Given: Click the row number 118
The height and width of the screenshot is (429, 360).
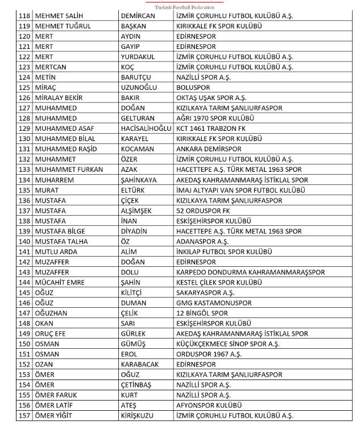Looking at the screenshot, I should (x=24, y=16).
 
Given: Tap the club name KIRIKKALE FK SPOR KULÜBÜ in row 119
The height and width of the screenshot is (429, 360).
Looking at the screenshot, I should (x=226, y=26).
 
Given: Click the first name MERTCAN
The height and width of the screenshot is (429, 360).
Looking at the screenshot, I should (x=51, y=67).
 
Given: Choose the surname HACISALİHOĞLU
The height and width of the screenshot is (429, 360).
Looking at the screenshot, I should (x=146, y=129).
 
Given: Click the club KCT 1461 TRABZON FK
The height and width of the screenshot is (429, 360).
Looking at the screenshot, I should (x=213, y=129).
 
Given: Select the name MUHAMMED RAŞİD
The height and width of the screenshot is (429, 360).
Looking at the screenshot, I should (x=65, y=149).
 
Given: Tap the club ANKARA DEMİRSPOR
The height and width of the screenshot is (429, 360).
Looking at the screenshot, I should (x=209, y=149).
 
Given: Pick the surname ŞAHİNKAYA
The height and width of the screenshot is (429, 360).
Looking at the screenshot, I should (x=139, y=180).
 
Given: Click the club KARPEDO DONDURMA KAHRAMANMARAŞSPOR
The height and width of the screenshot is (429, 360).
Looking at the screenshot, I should (x=250, y=272).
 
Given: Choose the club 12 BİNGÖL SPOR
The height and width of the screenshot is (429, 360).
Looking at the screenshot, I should (x=202, y=313).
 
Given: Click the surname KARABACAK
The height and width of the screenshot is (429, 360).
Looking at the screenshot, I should (x=140, y=364).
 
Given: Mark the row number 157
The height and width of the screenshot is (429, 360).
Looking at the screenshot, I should (x=24, y=415).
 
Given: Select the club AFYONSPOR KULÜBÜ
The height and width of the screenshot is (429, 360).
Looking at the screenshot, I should (x=209, y=405).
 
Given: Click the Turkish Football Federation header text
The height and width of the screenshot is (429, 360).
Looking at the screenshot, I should (x=180, y=7).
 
